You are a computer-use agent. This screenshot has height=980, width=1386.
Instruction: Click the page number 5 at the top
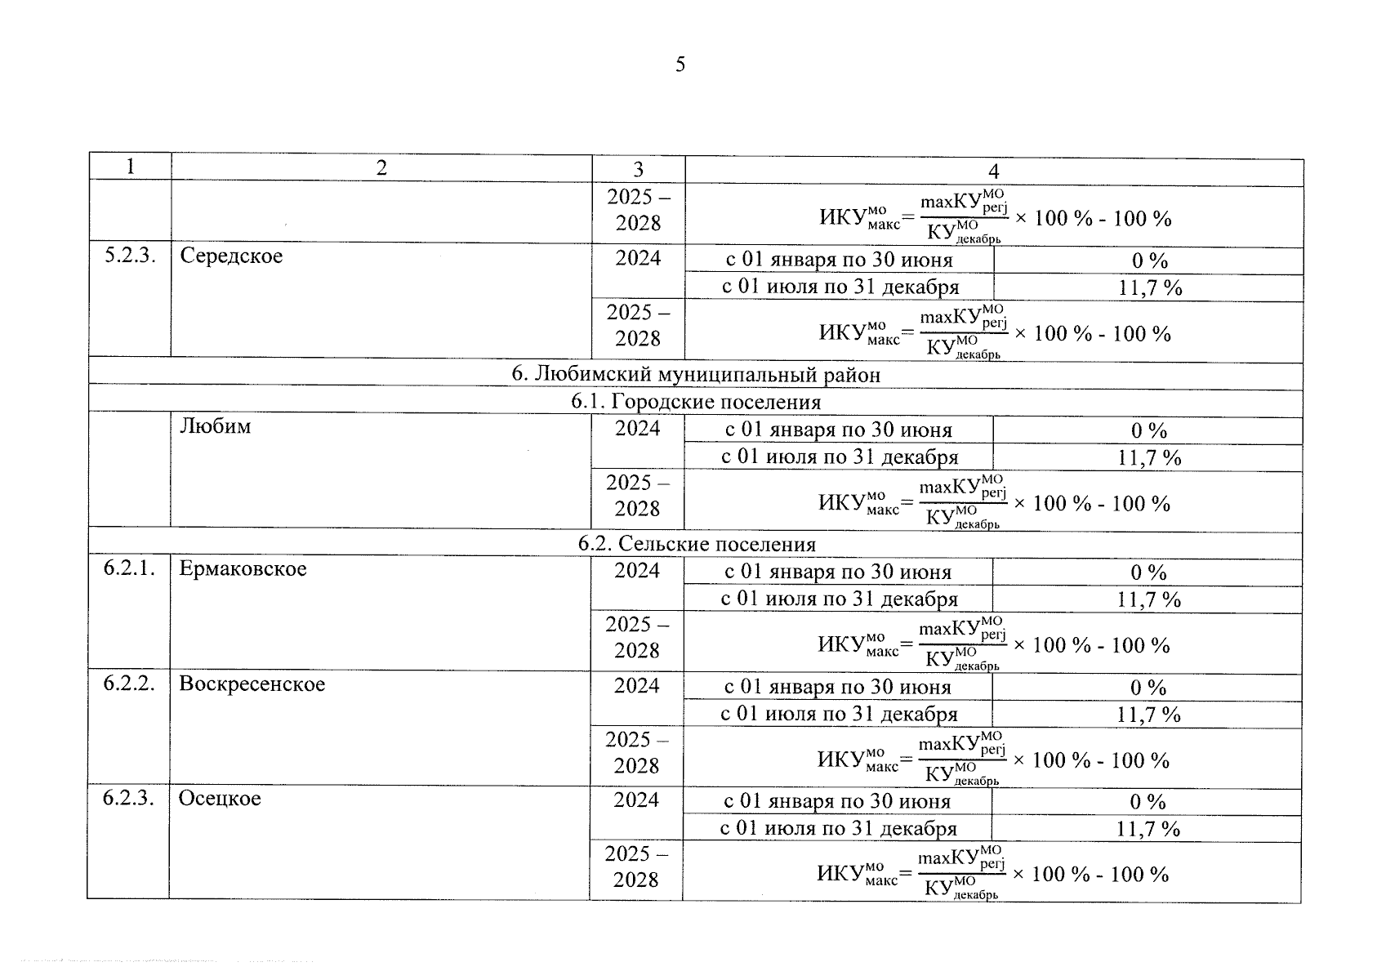[680, 65]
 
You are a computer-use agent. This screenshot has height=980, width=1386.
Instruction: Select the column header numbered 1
[130, 167]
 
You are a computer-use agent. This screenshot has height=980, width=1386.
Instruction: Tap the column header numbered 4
[993, 171]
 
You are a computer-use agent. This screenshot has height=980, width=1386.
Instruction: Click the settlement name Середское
[231, 256]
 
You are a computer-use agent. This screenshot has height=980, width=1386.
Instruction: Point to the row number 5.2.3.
[130, 256]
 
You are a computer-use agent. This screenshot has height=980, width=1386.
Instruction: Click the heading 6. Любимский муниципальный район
[696, 375]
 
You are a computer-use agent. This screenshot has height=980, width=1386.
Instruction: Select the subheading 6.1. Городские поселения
[696, 402]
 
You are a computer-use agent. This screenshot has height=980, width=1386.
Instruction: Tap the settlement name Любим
[215, 426]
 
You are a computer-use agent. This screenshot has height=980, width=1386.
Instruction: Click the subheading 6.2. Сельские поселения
[696, 544]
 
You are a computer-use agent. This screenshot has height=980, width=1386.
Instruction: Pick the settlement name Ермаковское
[243, 568]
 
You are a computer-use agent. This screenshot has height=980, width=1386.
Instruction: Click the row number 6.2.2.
[129, 684]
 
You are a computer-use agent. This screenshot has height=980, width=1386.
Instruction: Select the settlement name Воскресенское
[252, 684]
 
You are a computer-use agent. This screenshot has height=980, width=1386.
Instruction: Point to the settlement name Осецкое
[220, 798]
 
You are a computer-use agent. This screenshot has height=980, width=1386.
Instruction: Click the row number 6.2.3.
[128, 798]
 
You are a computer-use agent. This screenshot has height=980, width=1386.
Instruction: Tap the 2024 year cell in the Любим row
[637, 429]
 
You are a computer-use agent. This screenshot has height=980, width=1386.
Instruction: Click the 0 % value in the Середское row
[1149, 261]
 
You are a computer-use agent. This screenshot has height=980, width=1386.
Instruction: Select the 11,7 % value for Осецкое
[1148, 830]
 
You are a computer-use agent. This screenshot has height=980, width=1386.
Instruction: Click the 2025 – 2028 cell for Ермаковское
[637, 638]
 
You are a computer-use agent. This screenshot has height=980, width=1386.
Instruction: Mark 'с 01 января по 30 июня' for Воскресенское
[837, 688]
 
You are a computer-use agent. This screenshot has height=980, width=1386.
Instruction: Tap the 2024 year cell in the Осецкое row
[635, 800]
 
